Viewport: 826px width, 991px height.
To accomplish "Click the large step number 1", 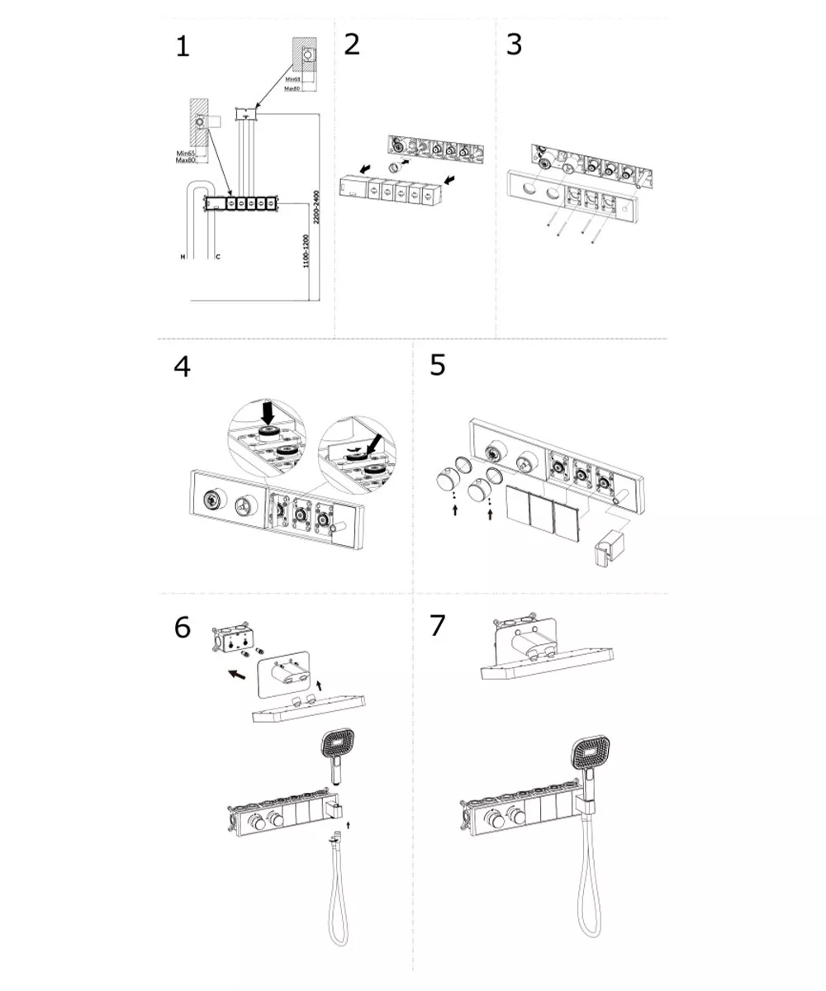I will click(x=183, y=47).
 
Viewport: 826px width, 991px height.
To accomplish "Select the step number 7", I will click(x=437, y=626).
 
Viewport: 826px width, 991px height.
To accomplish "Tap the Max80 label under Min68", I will click(x=290, y=88).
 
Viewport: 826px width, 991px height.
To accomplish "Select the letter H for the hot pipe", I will click(x=183, y=258).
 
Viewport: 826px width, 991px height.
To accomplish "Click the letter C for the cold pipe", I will click(x=217, y=258).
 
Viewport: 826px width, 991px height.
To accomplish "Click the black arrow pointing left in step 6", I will click(x=235, y=674).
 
